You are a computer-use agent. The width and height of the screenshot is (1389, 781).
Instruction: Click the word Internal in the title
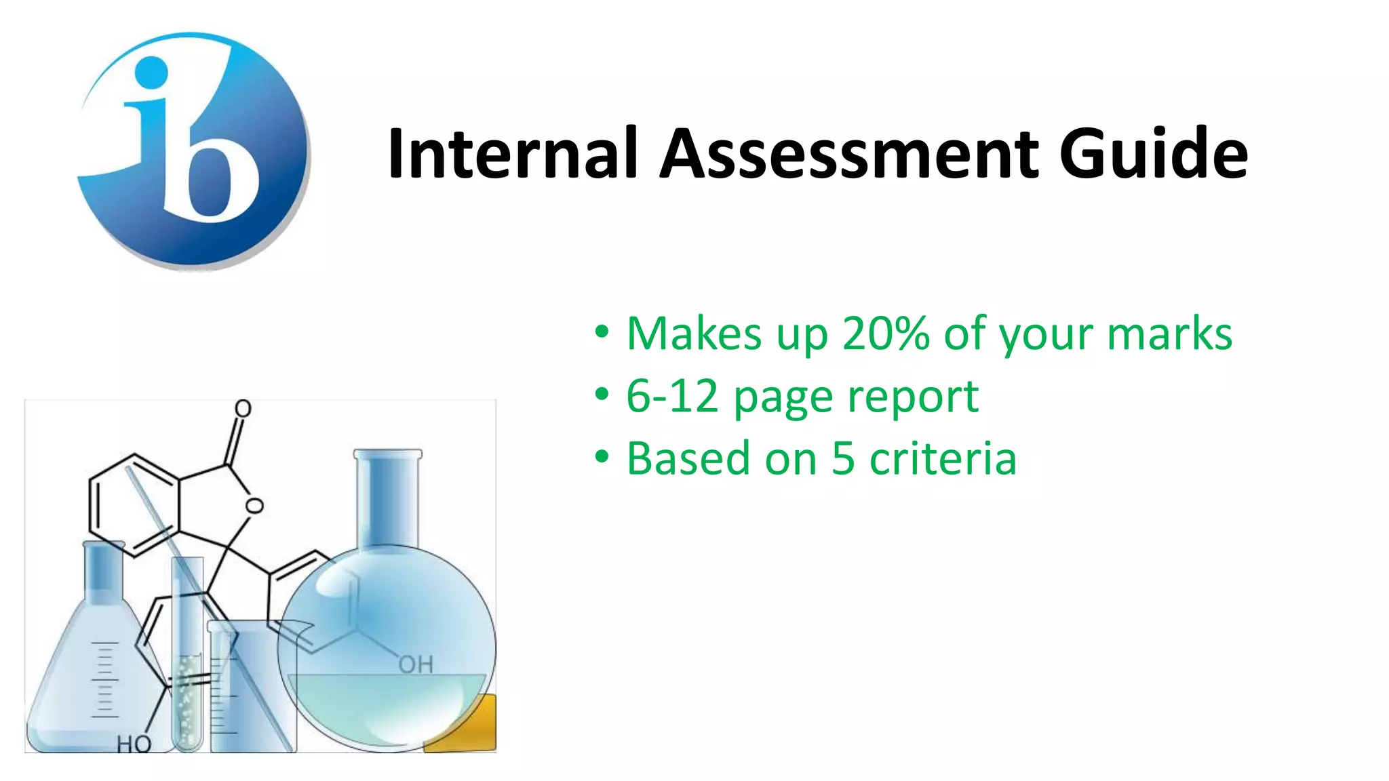pos(513,154)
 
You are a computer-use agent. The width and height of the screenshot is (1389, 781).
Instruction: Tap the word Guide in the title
pos(1153,154)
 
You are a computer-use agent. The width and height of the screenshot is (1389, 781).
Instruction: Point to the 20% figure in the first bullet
pos(885,334)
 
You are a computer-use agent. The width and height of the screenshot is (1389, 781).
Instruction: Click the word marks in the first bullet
pos(1169,334)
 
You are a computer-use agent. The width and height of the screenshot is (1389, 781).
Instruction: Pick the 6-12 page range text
pos(671,396)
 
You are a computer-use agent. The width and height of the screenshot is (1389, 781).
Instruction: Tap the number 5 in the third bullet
pos(843,459)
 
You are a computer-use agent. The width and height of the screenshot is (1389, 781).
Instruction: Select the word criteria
pos(943,459)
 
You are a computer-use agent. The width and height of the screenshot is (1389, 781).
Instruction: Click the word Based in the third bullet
pos(688,459)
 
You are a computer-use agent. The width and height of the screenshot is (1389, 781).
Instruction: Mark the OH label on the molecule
pos(415,665)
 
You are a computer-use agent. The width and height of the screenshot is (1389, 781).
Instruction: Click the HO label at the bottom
pos(134,744)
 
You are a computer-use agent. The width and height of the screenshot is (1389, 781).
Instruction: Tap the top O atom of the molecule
pos(243,408)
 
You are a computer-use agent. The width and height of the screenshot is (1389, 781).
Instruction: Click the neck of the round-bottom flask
pos(387,498)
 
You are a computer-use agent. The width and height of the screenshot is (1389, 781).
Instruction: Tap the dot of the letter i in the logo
pos(151,71)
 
